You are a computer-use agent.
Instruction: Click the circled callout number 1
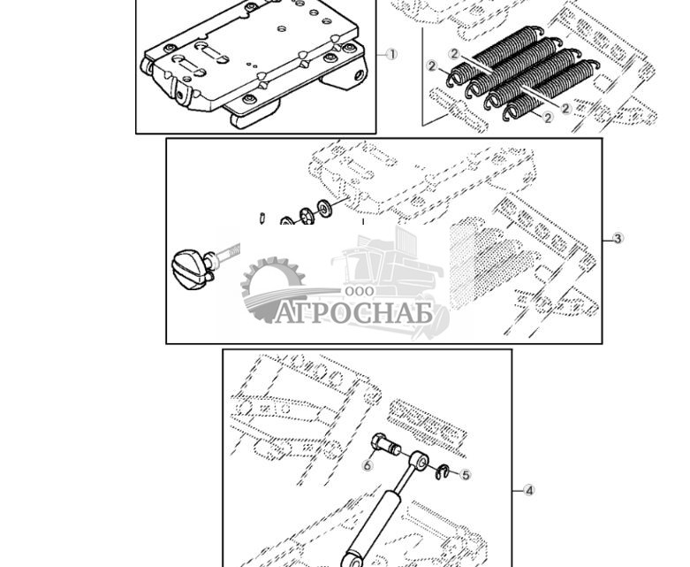pyautogui.click(x=392, y=55)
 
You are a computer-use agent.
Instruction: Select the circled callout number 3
pyautogui.click(x=618, y=239)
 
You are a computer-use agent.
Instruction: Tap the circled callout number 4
pyautogui.click(x=529, y=490)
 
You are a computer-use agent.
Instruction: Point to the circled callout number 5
pyautogui.click(x=466, y=475)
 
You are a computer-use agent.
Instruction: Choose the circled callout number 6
pyautogui.click(x=368, y=465)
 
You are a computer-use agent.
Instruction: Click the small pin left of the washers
pyautogui.click(x=263, y=217)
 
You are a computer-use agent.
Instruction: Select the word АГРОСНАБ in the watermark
pyautogui.click(x=353, y=314)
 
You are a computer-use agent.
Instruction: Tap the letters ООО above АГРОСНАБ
pyautogui.click(x=360, y=292)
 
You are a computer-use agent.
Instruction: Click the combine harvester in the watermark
pyautogui.click(x=389, y=265)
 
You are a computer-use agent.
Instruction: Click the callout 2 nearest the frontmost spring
pyautogui.click(x=548, y=118)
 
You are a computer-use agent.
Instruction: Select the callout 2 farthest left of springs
pyautogui.click(x=432, y=66)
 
